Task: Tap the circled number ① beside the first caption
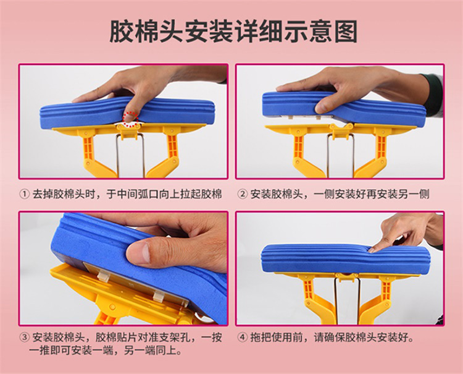click(x=25, y=194)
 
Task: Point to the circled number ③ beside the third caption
click(x=25, y=338)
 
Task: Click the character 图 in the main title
click(x=346, y=32)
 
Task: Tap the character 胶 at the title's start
click(x=122, y=32)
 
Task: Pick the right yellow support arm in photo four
click(x=378, y=302)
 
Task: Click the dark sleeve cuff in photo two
click(x=433, y=95)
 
